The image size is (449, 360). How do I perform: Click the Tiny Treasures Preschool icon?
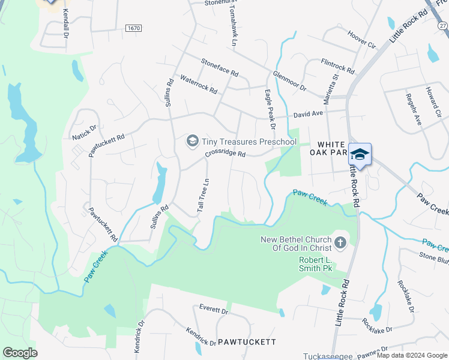pyautogui.click(x=193, y=141)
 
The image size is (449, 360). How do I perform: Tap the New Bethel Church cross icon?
pyautogui.click(x=340, y=243)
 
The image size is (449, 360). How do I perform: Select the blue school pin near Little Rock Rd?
pyautogui.click(x=360, y=154)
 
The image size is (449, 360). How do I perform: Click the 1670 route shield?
pyautogui.click(x=134, y=29)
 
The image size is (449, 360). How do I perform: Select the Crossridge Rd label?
pyautogui.click(x=225, y=154)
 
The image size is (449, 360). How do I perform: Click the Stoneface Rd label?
pyautogui.click(x=220, y=69)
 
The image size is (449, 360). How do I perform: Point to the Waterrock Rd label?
pyautogui.click(x=199, y=85)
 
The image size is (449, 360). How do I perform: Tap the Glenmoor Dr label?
pyautogui.click(x=289, y=80)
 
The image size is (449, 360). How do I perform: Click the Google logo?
pyautogui.click(x=20, y=353)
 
